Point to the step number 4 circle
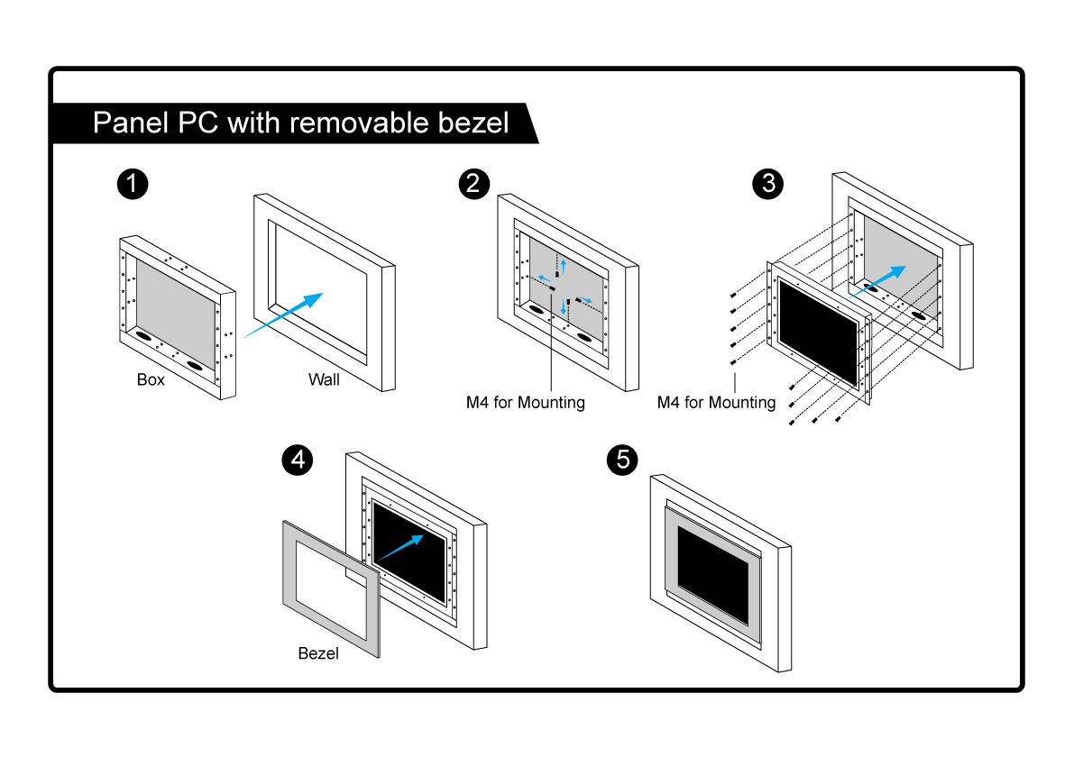coord(298,460)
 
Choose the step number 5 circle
coord(622,460)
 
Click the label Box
coord(151,379)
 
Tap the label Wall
coord(324,379)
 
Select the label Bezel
coord(318,653)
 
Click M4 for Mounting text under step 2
coord(525,402)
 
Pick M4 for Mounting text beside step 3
coord(716,402)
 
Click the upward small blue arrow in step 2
coord(564,264)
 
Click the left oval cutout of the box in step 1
coord(144,333)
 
